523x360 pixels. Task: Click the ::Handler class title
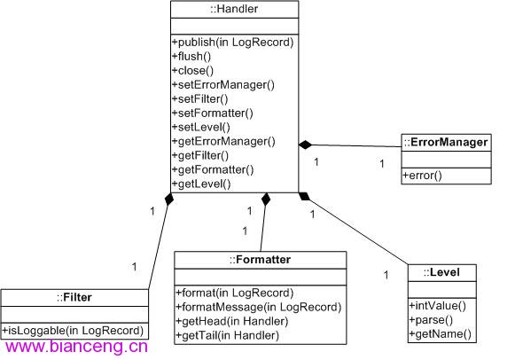point(234,9)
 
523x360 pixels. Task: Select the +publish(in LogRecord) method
point(233,43)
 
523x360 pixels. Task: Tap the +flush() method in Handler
point(191,57)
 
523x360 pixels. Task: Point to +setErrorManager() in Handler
point(223,85)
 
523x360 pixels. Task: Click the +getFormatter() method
point(213,170)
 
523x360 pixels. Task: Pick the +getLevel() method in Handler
point(201,184)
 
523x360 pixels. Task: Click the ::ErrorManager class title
point(446,143)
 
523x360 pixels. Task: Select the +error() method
point(422,176)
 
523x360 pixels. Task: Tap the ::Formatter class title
point(260,260)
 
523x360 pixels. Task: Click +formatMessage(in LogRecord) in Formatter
point(259,307)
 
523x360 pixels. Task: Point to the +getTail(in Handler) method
point(228,335)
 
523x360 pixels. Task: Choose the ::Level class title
point(441,272)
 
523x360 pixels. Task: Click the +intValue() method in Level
point(438,306)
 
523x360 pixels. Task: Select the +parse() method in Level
point(431,320)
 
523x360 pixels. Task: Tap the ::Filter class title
point(74,297)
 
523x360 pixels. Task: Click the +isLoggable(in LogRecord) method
point(73,331)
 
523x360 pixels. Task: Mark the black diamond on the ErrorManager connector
point(306,145)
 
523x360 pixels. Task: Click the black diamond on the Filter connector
point(169,200)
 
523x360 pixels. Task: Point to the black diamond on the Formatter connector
point(266,200)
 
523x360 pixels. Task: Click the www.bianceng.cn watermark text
point(77,347)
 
